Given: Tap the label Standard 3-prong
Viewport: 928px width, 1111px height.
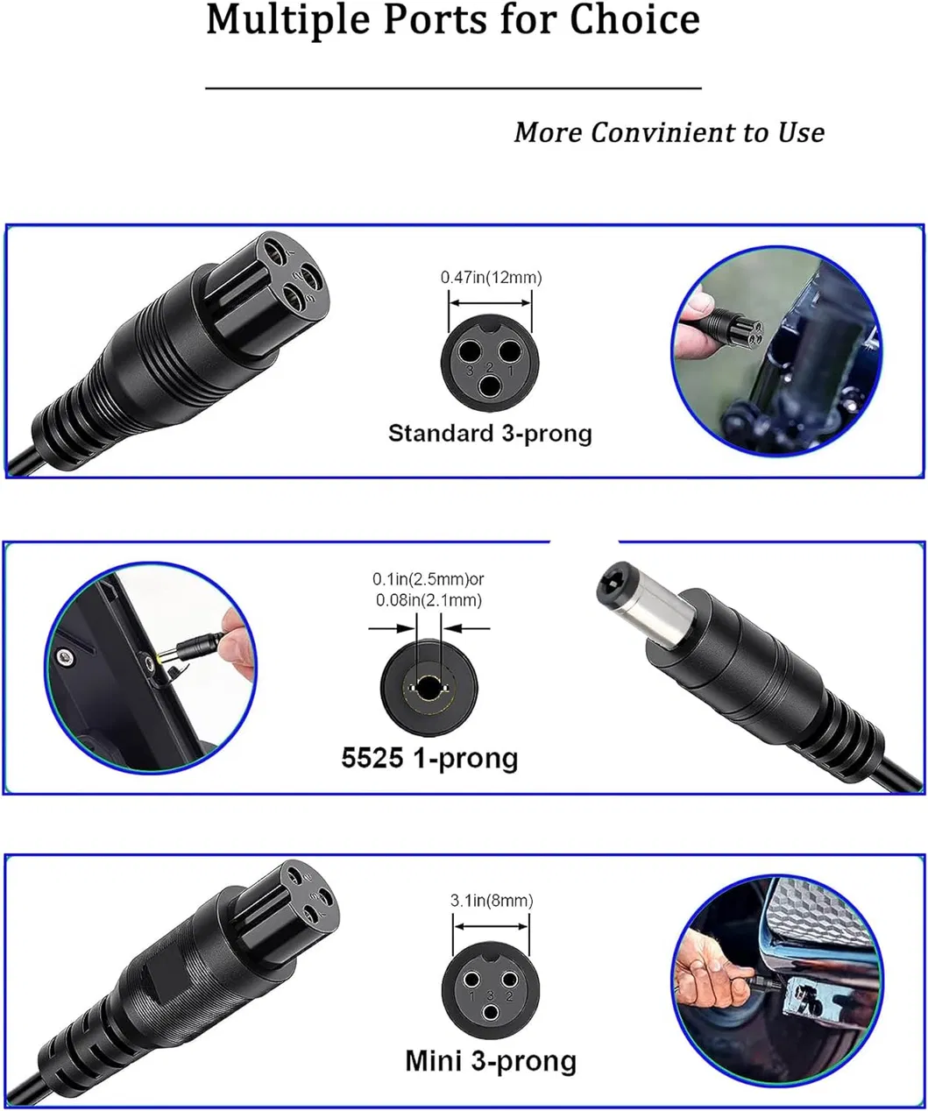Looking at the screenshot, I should coord(490,433).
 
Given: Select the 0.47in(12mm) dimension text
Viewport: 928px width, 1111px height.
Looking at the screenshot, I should coord(491,278).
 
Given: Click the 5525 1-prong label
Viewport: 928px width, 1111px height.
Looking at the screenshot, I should coord(429,757).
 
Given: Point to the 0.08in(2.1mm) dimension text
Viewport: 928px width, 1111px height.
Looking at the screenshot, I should coord(429,600).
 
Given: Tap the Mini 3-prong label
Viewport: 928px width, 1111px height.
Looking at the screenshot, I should coord(491,1061).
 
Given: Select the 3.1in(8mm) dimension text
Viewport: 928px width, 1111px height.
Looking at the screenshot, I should coord(492,900).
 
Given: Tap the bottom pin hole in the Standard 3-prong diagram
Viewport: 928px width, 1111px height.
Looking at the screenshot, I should coord(490,384).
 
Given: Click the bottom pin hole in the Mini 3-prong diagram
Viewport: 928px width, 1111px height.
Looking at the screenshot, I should coord(491,1013).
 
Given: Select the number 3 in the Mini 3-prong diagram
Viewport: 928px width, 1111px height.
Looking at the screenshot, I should coord(491,995).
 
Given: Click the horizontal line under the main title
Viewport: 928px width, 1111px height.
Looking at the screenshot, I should coord(453,88).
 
